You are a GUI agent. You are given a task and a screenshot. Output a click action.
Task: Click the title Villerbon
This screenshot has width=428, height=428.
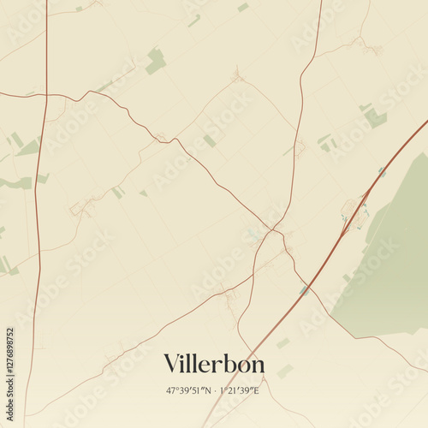[x=214, y=364]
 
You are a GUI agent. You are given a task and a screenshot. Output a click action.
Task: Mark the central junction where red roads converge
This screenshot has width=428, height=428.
[x=272, y=229]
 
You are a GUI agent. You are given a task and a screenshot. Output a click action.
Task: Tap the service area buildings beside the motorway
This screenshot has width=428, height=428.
[x=353, y=210]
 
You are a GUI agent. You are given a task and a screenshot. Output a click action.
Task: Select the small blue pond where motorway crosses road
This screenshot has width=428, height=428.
[x=305, y=290]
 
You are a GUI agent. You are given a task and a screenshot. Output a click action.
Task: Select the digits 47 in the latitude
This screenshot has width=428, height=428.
[x=171, y=390]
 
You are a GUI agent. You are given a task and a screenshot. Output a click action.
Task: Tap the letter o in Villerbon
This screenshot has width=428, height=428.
[x=244, y=366]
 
